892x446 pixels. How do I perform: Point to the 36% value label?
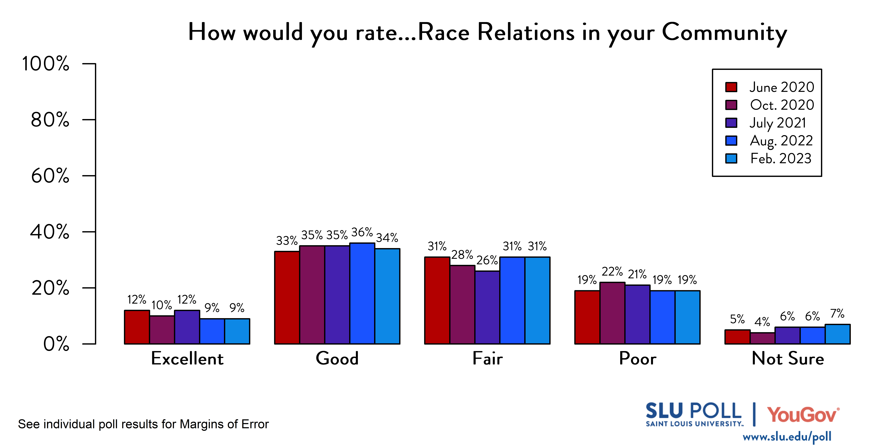(x=362, y=232)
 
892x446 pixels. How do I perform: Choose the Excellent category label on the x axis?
(x=187, y=358)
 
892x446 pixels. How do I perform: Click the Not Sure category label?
(x=788, y=358)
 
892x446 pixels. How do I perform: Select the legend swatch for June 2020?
(x=731, y=87)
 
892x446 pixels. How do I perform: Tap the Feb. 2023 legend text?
(x=781, y=159)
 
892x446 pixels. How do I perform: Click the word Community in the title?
(x=724, y=33)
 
